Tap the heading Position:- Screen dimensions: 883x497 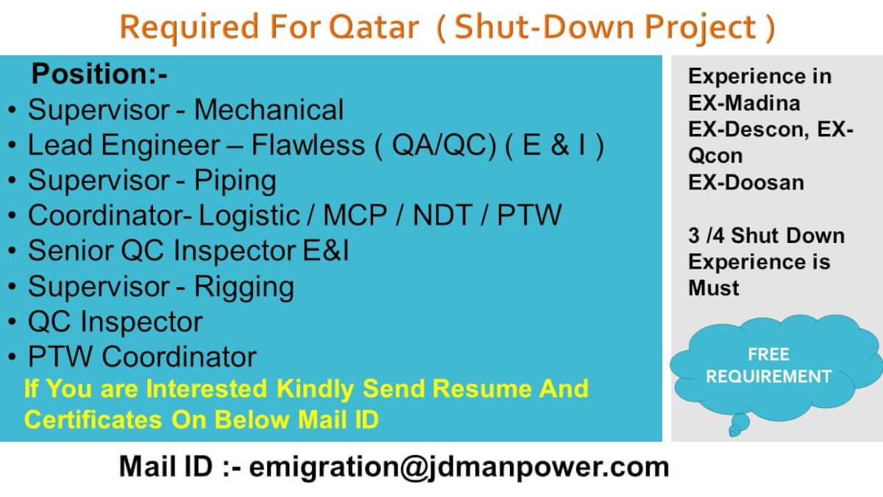99,74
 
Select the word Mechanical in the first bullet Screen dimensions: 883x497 269,110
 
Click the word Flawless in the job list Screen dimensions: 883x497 308,145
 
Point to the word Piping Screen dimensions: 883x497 235,181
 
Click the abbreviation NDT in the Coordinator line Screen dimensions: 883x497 442,215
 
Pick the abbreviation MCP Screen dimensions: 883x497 355,215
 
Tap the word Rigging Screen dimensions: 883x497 244,286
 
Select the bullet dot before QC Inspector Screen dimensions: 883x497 13,322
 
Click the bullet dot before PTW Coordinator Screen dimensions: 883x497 13,356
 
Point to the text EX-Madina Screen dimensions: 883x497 744,103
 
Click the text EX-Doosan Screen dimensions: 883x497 746,183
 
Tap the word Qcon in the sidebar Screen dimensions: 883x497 715,156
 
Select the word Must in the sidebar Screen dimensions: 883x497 714,288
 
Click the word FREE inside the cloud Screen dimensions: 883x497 769,355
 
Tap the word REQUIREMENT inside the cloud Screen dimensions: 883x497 769,376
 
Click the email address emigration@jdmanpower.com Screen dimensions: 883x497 459,468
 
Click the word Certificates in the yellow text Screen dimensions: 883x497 93,419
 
